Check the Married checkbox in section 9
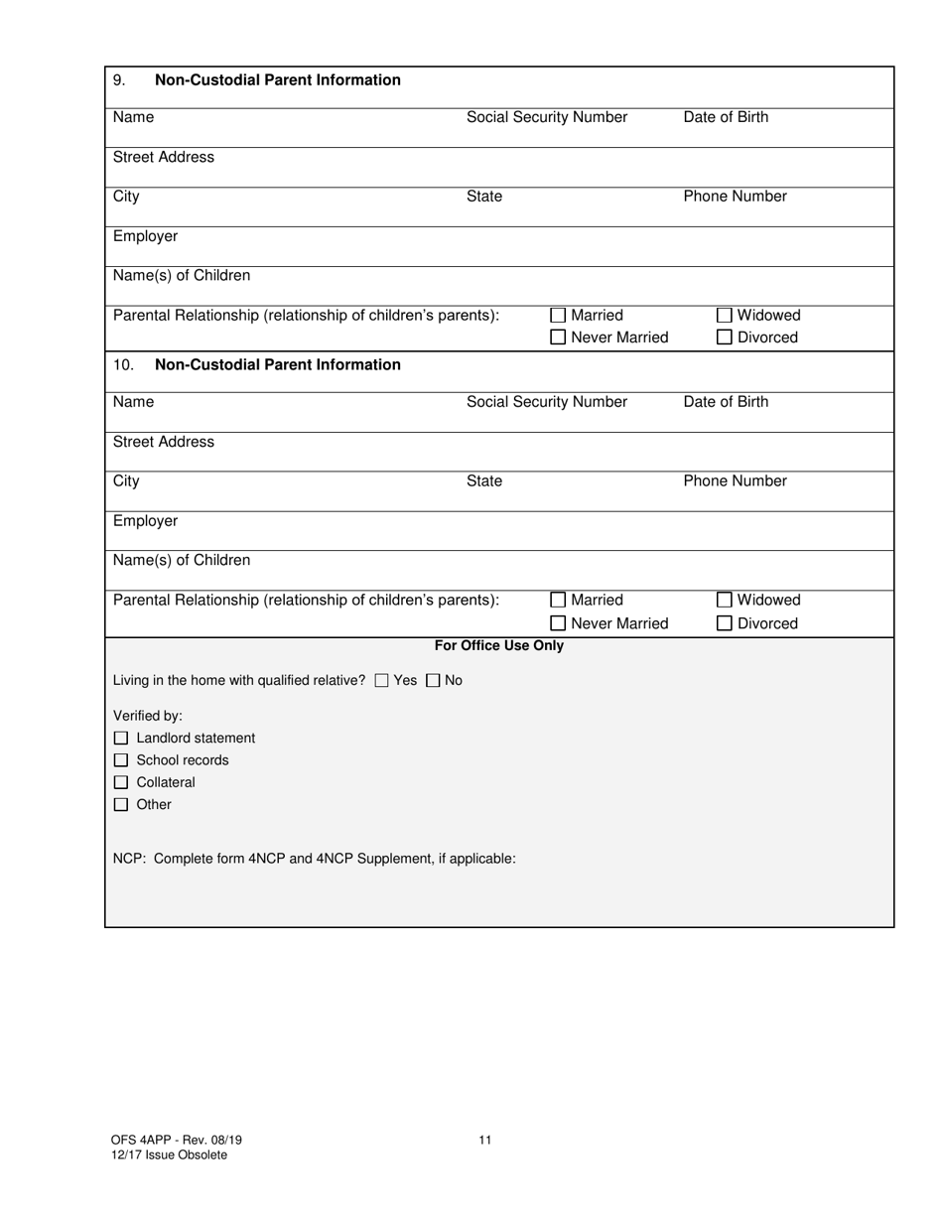tap(558, 316)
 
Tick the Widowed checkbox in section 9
tap(725, 316)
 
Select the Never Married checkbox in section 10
tap(558, 623)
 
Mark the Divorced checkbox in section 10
tap(725, 623)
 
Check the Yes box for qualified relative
tap(382, 681)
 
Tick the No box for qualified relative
tap(433, 681)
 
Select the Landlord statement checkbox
tap(121, 739)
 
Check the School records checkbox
tap(121, 760)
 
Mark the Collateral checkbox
tap(121, 782)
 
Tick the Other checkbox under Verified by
tap(121, 805)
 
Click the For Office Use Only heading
tap(498, 646)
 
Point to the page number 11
tap(484, 1140)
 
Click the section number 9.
tap(119, 80)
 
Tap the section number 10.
tap(123, 365)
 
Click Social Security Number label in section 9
tap(547, 117)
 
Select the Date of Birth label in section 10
tap(726, 402)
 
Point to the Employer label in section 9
tap(145, 236)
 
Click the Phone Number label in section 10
tap(735, 481)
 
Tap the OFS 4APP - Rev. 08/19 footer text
tap(177, 1140)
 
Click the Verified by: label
tap(148, 716)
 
